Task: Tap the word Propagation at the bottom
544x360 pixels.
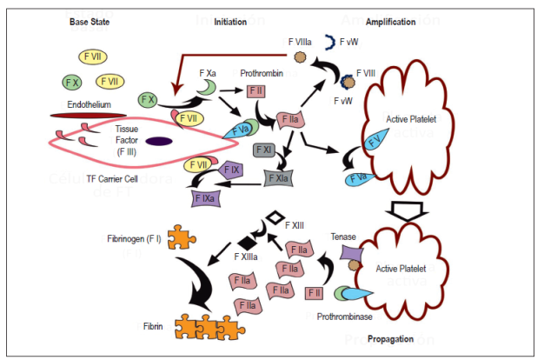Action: (389, 338)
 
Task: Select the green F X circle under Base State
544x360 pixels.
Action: (72, 83)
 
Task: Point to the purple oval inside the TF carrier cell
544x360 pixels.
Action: (158, 142)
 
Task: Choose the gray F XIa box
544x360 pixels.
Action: (277, 178)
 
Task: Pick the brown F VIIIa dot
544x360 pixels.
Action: (299, 57)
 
